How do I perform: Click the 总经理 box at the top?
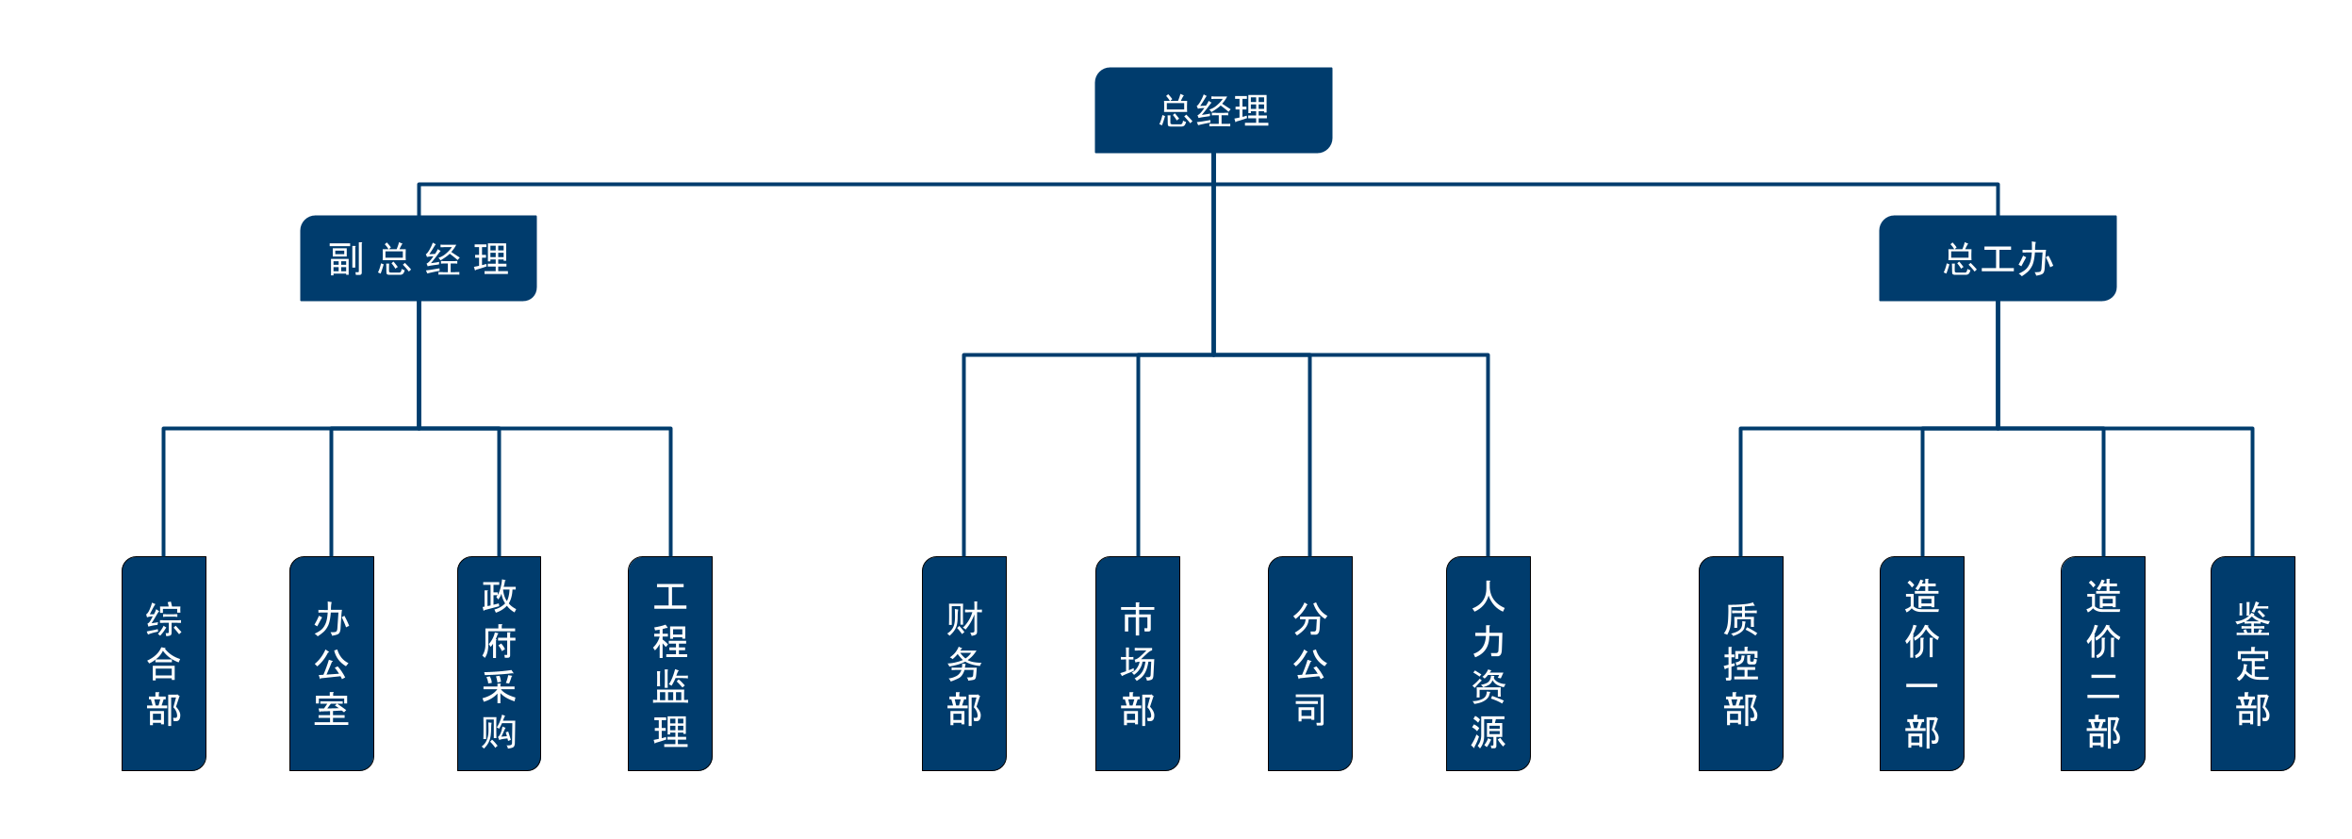[1213, 110]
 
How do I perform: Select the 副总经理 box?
[419, 258]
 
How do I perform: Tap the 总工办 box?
[1998, 258]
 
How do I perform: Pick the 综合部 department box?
[164, 664]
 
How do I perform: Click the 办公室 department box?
[332, 664]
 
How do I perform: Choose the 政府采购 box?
[499, 664]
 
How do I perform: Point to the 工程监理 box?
[670, 664]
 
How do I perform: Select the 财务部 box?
[964, 664]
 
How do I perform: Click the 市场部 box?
[1138, 664]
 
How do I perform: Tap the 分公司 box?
[1310, 664]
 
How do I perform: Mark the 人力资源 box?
[1489, 664]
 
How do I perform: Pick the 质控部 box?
[1741, 664]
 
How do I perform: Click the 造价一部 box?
[1922, 664]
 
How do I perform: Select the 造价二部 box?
[2103, 664]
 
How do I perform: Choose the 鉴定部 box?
[2253, 664]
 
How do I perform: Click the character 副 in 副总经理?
[346, 259]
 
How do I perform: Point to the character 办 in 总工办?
[2036, 259]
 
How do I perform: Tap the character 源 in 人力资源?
[1489, 732]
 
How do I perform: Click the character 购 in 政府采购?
[499, 732]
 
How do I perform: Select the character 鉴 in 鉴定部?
[2253, 619]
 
